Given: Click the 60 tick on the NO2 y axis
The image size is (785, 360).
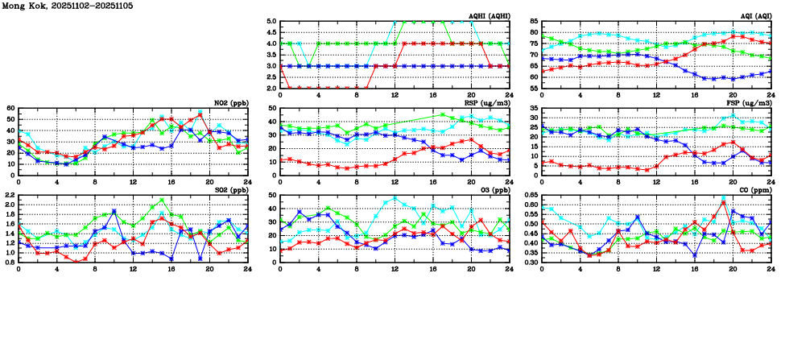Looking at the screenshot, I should pyautogui.click(x=10, y=108).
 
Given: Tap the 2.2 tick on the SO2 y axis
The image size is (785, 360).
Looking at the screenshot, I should pyautogui.click(x=9, y=196).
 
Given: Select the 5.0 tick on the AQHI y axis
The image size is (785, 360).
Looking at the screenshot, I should pyautogui.click(x=271, y=22).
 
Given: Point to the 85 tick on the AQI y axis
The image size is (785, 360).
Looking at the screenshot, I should pyautogui.click(x=533, y=22).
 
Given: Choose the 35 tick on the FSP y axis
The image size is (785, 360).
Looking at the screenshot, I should pyautogui.click(x=533, y=108).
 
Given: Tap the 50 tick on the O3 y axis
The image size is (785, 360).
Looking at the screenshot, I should pyautogui.click(x=272, y=196).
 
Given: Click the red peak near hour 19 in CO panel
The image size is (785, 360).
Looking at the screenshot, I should pyautogui.click(x=724, y=203).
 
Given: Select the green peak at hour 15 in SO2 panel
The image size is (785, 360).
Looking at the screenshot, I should pyautogui.click(x=162, y=200).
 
